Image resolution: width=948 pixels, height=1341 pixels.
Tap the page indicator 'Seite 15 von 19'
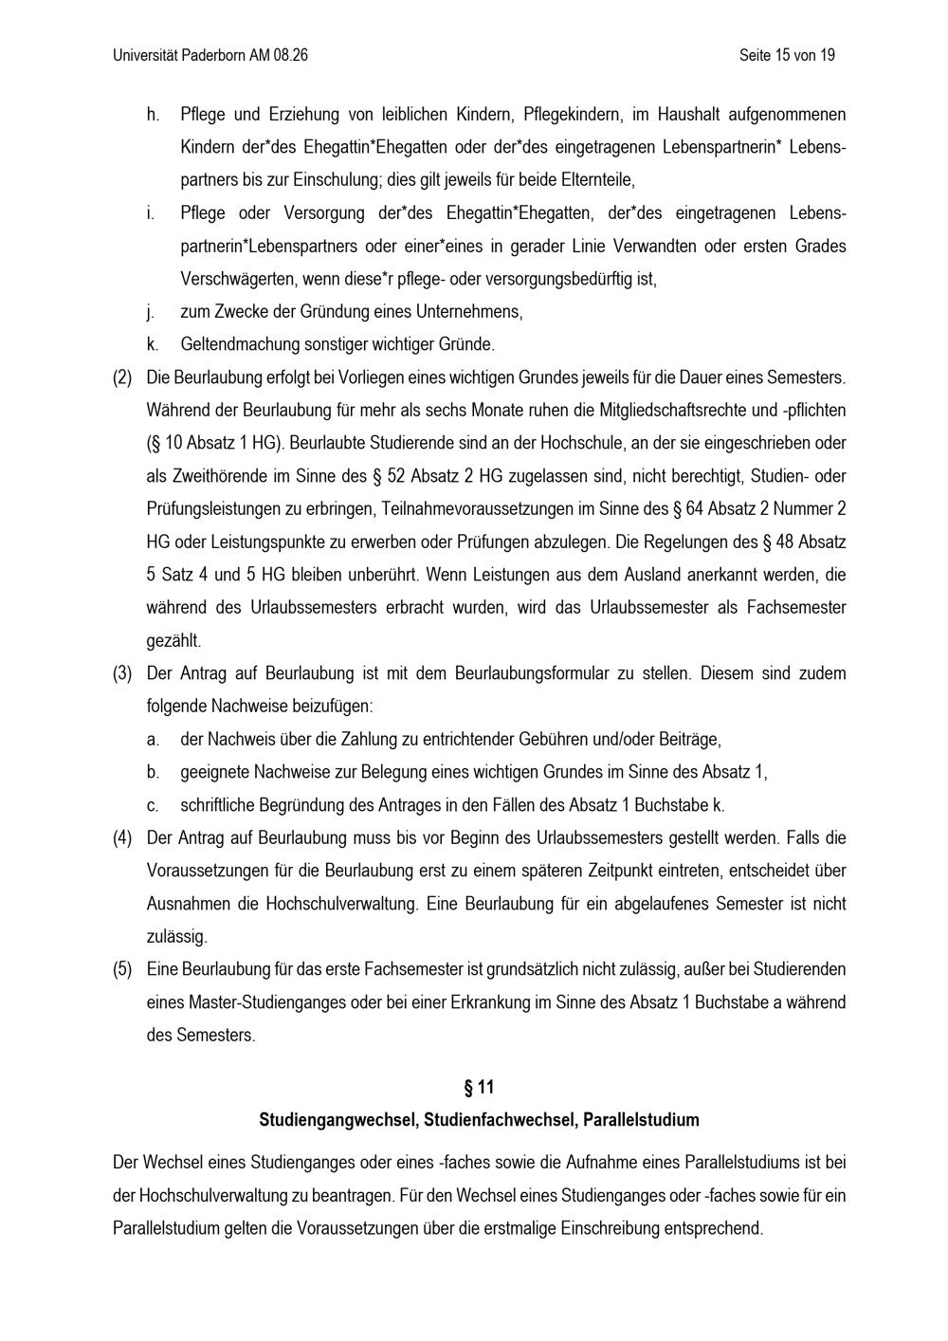click(x=787, y=55)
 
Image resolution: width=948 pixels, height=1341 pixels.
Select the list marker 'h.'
click(x=153, y=115)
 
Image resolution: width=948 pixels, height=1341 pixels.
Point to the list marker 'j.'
click(x=152, y=312)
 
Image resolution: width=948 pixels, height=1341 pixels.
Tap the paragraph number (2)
click(x=122, y=377)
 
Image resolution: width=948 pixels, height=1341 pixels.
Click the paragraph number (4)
click(x=122, y=838)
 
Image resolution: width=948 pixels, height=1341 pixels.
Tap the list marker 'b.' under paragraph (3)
click(x=153, y=773)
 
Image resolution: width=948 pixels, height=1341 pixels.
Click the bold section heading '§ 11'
click(x=479, y=1087)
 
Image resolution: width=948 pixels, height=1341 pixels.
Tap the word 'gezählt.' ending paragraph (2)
click(x=173, y=640)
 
